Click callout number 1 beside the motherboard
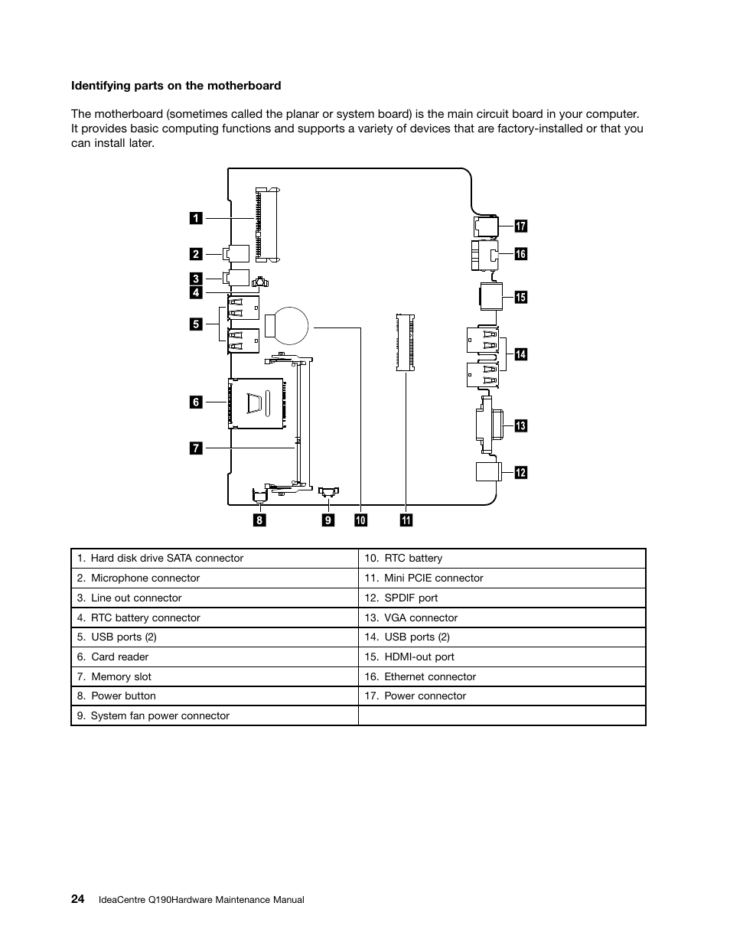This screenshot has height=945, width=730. pos(196,218)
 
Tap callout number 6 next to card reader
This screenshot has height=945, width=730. pos(196,402)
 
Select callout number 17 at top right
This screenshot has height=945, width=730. pos(520,226)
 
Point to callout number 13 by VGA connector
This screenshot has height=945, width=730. pos(520,425)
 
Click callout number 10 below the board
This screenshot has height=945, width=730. pos(360,520)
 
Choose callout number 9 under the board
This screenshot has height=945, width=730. pos(328,520)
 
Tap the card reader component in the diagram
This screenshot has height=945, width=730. pos(257,402)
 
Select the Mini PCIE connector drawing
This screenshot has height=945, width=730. pos(405,341)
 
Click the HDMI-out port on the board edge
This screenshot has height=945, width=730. pos(490,296)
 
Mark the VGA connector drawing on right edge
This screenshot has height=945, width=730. pos(487,425)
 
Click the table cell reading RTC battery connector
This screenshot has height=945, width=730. pos(145,618)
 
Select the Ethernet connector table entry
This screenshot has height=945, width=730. pos(430,676)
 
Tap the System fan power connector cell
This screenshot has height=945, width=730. pos(160,715)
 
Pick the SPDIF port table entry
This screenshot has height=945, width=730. pos(411,598)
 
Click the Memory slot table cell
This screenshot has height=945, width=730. pos(121,676)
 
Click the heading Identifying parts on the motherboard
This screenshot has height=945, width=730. pos(176,86)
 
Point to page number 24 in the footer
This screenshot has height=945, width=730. pos(78,899)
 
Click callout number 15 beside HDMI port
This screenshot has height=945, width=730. pos(520,297)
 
